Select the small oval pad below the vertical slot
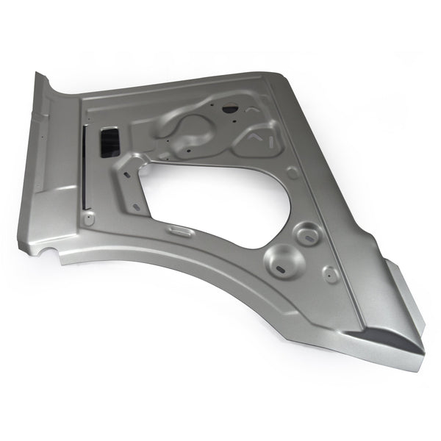click(x=89, y=219)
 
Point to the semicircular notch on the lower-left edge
click(x=49, y=252)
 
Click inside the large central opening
click(x=213, y=198)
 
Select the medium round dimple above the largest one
click(x=306, y=234)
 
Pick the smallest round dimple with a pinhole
click(x=331, y=275)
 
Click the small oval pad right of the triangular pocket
click(x=293, y=173)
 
